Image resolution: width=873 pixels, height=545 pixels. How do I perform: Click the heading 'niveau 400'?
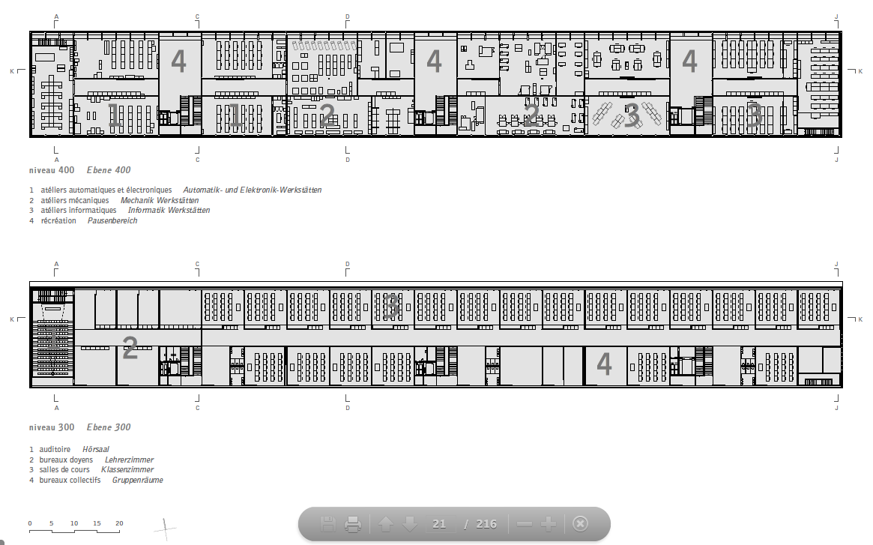(x=52, y=170)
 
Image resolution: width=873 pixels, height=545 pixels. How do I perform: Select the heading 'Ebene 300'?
(x=109, y=427)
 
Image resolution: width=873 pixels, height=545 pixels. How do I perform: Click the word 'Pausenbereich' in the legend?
(x=112, y=220)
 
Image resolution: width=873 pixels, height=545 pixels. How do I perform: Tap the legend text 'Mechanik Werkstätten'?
(x=160, y=201)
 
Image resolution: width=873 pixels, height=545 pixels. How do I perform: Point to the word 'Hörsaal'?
(x=96, y=449)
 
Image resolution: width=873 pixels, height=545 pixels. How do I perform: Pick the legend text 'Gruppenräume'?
(x=138, y=480)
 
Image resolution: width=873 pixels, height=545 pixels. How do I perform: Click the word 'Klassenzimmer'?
(x=127, y=470)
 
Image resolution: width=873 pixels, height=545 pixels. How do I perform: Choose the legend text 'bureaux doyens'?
(x=66, y=460)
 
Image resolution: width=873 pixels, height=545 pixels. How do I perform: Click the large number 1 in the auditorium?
(x=52, y=339)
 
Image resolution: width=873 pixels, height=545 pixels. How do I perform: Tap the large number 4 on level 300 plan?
(x=604, y=364)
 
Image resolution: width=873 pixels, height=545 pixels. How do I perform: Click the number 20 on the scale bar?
(x=119, y=523)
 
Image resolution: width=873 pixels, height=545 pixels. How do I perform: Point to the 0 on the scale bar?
(x=30, y=523)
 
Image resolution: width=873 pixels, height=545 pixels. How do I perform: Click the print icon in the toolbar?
(x=353, y=524)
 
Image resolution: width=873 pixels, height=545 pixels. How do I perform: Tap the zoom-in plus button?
(x=549, y=524)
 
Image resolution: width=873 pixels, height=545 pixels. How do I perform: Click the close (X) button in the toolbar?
(x=580, y=524)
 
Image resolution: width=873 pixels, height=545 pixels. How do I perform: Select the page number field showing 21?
(x=439, y=524)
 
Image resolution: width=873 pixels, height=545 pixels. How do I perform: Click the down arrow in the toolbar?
(x=410, y=524)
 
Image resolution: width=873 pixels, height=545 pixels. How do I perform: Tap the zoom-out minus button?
(x=525, y=524)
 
